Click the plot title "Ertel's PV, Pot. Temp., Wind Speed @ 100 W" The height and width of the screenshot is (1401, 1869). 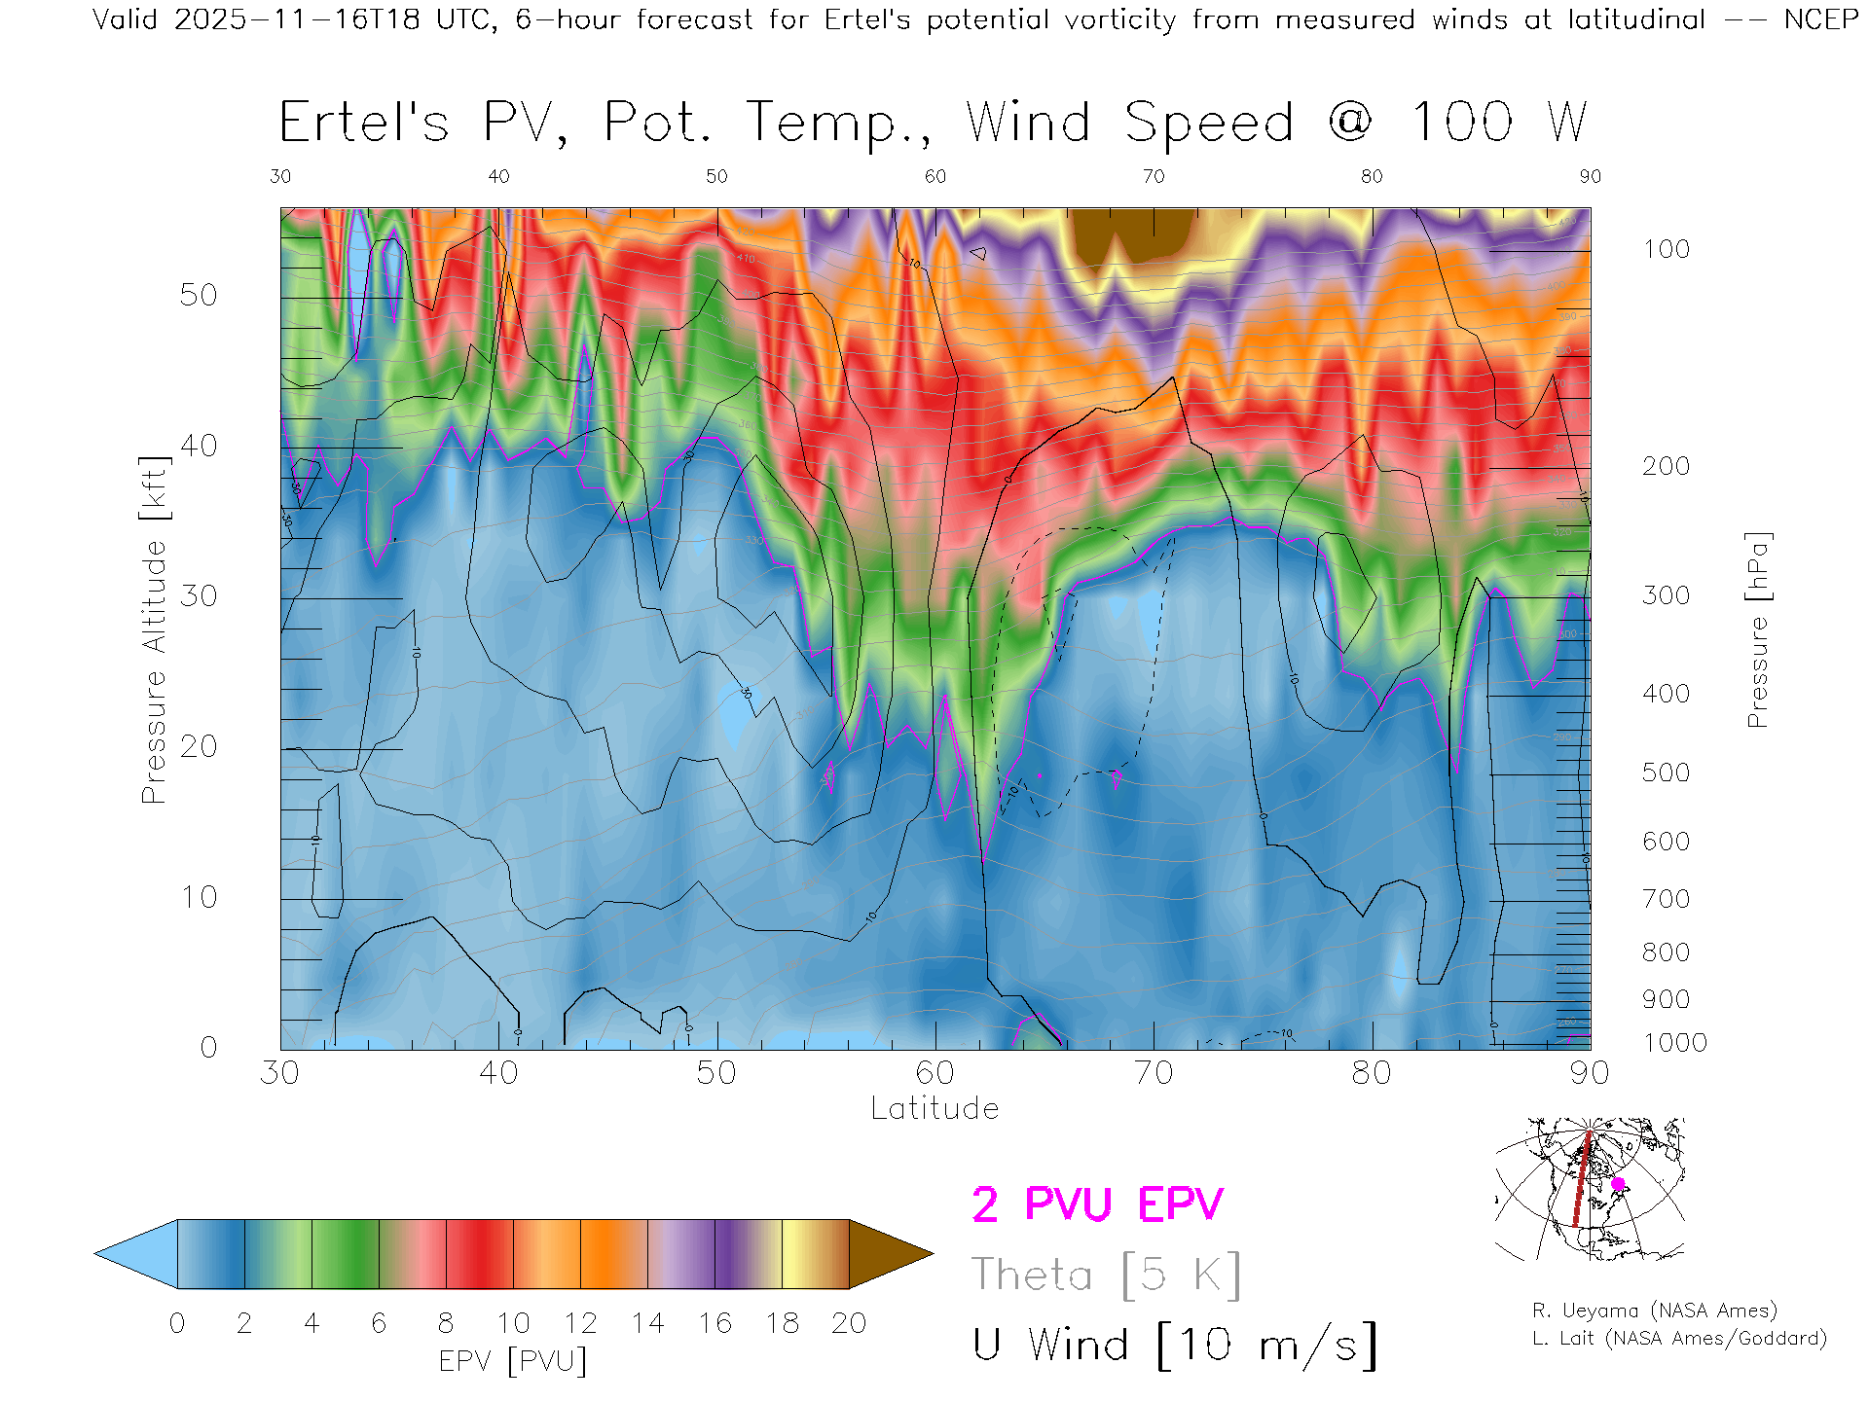coord(933,124)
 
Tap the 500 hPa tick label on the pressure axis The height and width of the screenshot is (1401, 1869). coord(1666,772)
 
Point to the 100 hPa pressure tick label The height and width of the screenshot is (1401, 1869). coord(1666,249)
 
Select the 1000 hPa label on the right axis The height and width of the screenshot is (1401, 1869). coord(1674,1043)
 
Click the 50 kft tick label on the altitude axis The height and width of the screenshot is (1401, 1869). coord(198,295)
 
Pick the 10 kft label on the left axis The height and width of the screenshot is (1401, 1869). coord(198,897)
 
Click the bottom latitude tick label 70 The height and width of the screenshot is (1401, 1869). coord(1153,1073)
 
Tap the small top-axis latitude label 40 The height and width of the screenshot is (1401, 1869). coord(498,176)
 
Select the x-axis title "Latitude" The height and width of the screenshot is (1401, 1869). coord(934,1108)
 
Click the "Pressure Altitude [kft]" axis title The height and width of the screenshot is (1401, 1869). coord(154,629)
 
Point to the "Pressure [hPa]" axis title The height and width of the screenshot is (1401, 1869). coord(1757,629)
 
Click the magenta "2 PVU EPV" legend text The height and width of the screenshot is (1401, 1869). coord(1097,1204)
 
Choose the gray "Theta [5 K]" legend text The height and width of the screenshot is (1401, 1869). coord(1106,1275)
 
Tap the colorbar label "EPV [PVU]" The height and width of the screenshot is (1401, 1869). coord(513,1360)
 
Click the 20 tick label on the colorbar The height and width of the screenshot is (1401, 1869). coord(849,1323)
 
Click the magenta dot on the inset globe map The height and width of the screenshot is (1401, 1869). coord(1618,1184)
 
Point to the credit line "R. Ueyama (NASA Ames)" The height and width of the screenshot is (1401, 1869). coord(1654,1311)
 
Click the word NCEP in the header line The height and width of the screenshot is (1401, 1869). coord(1820,19)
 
